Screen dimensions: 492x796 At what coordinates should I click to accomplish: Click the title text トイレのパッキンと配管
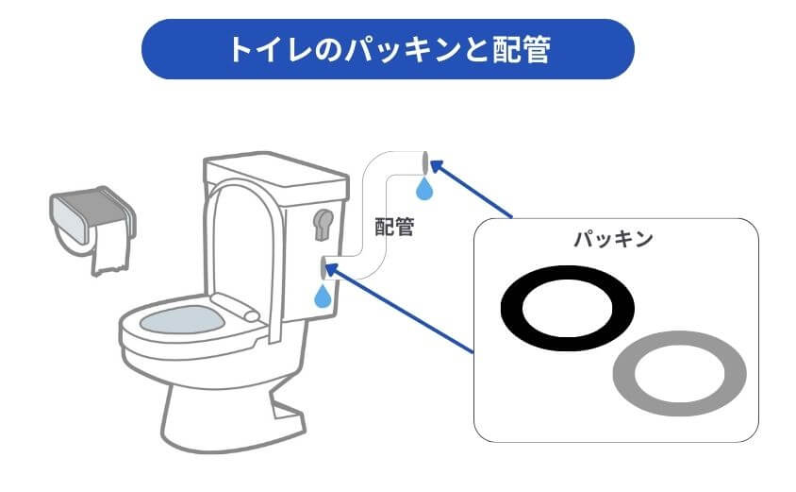tap(388, 49)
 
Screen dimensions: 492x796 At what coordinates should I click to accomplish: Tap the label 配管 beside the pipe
tap(394, 227)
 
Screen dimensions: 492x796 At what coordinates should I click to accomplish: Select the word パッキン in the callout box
tap(614, 239)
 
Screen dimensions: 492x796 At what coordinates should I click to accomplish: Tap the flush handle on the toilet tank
tap(321, 224)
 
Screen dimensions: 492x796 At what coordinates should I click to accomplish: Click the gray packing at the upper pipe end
tap(426, 160)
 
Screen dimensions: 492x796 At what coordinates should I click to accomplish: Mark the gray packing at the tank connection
tap(323, 267)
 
